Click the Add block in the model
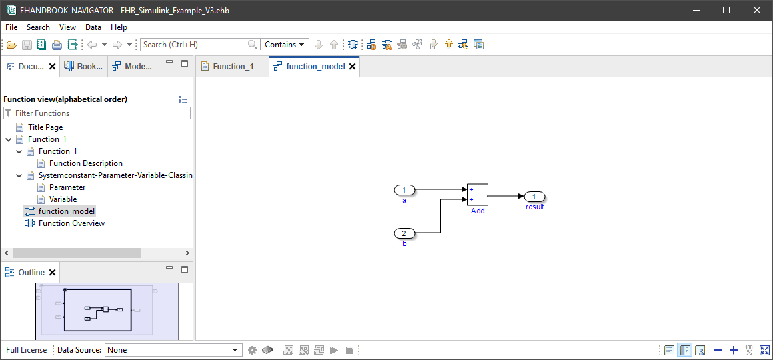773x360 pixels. pos(477,195)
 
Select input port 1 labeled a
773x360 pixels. pos(404,191)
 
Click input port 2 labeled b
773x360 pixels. pos(404,233)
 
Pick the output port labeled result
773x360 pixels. pos(534,197)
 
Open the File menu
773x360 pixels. pos(11,27)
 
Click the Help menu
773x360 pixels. pos(119,27)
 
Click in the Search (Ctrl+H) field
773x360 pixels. pos(193,45)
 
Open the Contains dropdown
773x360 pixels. pos(285,45)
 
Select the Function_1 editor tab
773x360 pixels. pos(233,67)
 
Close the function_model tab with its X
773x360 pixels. pos(353,67)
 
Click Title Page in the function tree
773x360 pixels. pos(45,127)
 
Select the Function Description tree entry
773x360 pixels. pos(86,163)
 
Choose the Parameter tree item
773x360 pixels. pos(67,187)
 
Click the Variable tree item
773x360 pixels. pos(63,199)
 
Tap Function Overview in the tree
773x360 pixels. pos(71,223)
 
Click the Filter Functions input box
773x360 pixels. pos(100,113)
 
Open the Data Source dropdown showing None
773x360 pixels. pos(173,350)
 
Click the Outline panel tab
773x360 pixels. pos(31,273)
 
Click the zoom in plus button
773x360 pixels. pos(734,350)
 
